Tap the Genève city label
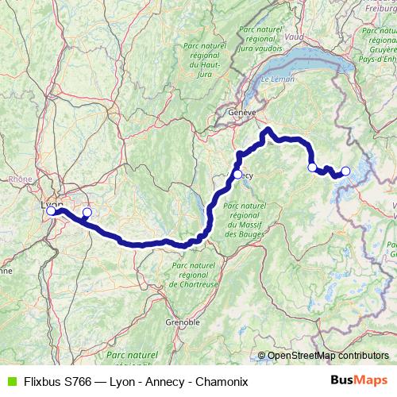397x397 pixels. click(x=241, y=114)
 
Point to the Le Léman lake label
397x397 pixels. click(x=277, y=81)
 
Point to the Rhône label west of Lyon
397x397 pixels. click(x=20, y=179)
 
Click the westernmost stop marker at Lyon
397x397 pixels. click(x=51, y=211)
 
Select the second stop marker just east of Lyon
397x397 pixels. click(x=87, y=213)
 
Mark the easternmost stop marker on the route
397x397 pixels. click(x=345, y=171)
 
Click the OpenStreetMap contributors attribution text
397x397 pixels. click(x=328, y=356)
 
